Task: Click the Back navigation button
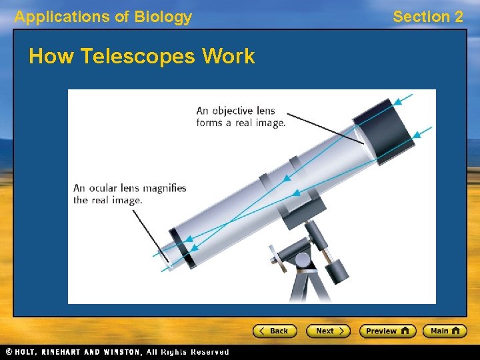274,331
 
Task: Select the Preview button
387,331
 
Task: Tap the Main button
447,331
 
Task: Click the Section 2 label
427,17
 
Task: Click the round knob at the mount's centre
302,259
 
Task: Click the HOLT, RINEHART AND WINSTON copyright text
117,352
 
